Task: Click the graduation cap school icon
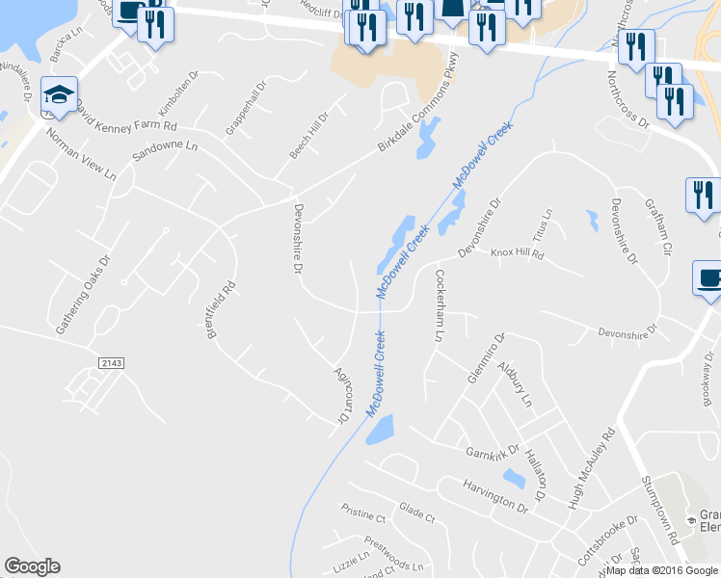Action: pos(60,95)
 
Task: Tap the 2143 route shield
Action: pos(111,362)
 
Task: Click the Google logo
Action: pos(32,566)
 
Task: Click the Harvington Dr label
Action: pos(494,494)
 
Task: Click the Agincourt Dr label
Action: pos(339,395)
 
